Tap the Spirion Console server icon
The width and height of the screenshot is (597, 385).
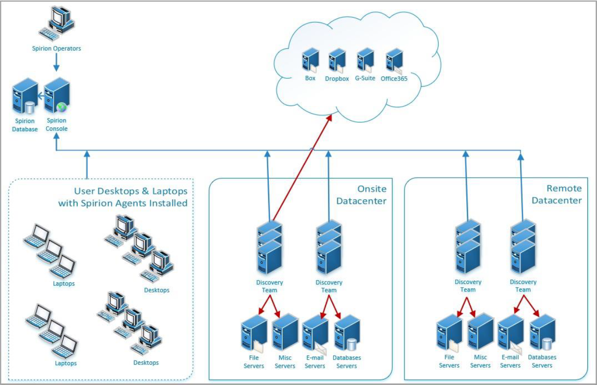tap(57, 95)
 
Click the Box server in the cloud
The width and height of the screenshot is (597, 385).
tap(310, 61)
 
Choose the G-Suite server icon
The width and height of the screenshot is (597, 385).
tap(365, 60)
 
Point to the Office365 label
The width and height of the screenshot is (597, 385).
tap(394, 79)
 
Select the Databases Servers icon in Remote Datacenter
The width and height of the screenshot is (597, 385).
tap(542, 333)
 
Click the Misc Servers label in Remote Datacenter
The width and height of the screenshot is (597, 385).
tap(480, 361)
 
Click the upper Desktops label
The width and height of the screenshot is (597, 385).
tap(156, 290)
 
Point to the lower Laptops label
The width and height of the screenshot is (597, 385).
tap(65, 363)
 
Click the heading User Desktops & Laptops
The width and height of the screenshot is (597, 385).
tap(123, 197)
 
